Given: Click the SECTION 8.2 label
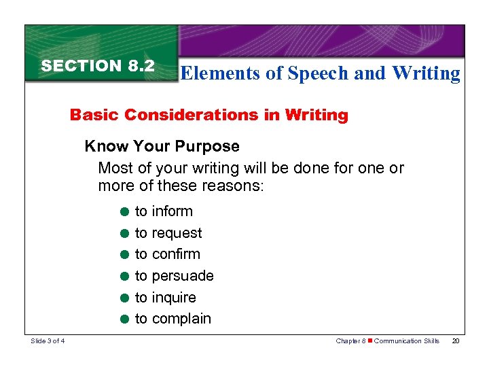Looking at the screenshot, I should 98,66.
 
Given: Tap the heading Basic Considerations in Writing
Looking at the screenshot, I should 209,115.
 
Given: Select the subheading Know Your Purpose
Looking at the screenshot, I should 162,146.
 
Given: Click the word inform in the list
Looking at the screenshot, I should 173,211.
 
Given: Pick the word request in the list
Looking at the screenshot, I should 177,233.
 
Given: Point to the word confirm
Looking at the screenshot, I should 176,254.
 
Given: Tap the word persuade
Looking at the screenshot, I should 183,276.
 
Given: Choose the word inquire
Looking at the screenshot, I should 174,298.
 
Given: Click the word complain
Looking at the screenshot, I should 181,319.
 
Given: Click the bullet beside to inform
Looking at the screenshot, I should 125,212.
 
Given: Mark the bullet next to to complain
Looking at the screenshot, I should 125,319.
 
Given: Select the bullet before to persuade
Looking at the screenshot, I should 125,277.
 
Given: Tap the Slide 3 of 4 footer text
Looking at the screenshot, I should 52,340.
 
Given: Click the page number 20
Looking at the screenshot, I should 455,340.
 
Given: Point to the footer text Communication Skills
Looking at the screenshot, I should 407,340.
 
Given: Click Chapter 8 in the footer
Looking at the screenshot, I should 351,340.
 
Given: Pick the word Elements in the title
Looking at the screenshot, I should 220,73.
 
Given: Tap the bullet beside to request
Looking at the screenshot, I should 125,234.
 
